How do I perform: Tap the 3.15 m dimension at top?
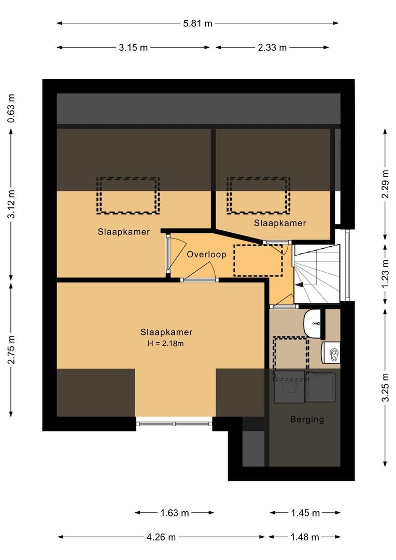(x=133, y=48)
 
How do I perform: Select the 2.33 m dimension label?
(x=272, y=48)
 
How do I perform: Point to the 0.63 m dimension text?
(x=11, y=109)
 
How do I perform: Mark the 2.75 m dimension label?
(x=11, y=349)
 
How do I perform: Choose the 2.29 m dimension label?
(x=384, y=184)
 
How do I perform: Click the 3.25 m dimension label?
(x=384, y=387)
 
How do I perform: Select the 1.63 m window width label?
(x=174, y=513)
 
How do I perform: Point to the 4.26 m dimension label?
(x=161, y=537)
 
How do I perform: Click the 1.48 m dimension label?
(x=304, y=537)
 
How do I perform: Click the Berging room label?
(x=307, y=419)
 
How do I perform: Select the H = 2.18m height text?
(x=166, y=343)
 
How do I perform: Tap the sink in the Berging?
(x=312, y=323)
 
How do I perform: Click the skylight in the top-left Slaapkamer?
(x=128, y=195)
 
